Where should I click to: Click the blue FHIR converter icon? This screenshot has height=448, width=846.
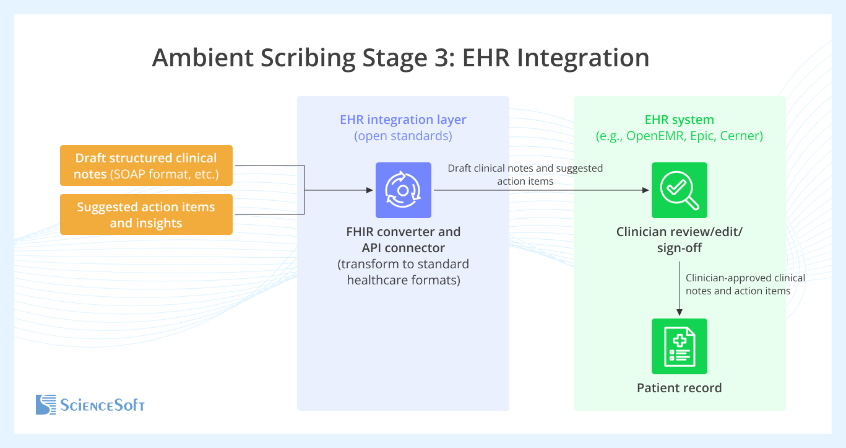[403, 190]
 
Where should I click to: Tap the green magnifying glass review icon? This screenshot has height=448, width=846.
[679, 190]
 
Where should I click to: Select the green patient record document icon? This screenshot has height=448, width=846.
[679, 346]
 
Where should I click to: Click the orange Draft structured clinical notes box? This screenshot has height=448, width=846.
[146, 165]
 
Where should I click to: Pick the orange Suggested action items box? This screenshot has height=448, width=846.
[146, 214]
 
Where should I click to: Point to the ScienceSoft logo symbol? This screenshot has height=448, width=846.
[46, 405]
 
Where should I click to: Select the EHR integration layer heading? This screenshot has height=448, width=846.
[403, 120]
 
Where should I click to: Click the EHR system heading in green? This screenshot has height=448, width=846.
[679, 120]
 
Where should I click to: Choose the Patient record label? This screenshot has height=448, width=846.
[679, 388]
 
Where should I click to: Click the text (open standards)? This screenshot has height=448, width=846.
[403, 136]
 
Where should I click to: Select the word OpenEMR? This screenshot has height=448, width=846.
[654, 136]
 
